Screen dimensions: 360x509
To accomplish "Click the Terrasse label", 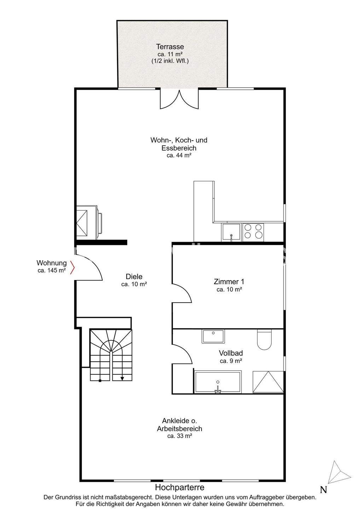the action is click(x=170, y=47).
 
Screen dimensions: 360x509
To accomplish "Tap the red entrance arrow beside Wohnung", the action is click(x=72, y=267).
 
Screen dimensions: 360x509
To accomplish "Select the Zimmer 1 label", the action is click(x=229, y=282).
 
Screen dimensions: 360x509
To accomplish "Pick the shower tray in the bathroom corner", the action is click(x=268, y=382).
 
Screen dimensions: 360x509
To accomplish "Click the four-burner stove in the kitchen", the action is click(x=253, y=232).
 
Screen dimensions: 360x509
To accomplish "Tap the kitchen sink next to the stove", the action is click(x=231, y=232).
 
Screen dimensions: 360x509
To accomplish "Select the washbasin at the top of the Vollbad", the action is click(x=213, y=336).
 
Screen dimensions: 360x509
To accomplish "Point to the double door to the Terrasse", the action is click(x=179, y=99).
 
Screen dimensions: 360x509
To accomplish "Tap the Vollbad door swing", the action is click(x=182, y=354).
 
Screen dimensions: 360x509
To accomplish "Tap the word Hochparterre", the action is click(x=180, y=487).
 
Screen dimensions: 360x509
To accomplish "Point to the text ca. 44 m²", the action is click(x=179, y=156).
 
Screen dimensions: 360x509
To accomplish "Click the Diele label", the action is click(x=134, y=276).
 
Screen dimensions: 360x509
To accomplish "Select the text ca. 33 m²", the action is click(x=180, y=436).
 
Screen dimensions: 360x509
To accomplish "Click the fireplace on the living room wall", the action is click(x=89, y=222).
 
